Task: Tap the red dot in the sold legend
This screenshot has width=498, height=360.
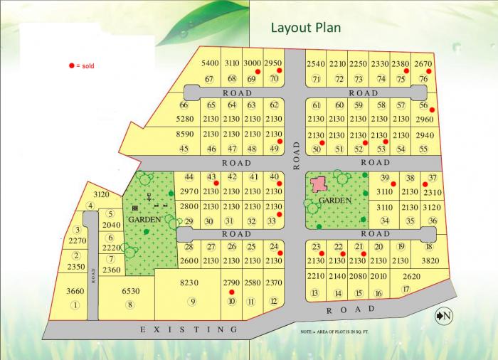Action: (71, 65)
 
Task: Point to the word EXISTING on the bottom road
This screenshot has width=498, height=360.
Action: (189, 329)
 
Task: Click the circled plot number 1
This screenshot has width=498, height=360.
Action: (74, 305)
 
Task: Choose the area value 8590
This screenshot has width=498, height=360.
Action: (184, 134)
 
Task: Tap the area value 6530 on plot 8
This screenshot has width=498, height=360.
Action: (130, 292)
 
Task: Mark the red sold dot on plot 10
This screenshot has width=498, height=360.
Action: (231, 292)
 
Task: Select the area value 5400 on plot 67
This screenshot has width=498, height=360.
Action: (210, 63)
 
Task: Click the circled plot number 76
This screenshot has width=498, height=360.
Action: (423, 79)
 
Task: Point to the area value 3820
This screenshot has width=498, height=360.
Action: (429, 260)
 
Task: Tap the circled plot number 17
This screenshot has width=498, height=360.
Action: (406, 289)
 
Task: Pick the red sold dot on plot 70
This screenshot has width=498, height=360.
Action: (280, 71)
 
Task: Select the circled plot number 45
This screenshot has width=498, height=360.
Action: (184, 149)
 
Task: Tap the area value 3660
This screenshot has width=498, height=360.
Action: (75, 290)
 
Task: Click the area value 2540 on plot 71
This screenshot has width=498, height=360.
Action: (316, 64)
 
